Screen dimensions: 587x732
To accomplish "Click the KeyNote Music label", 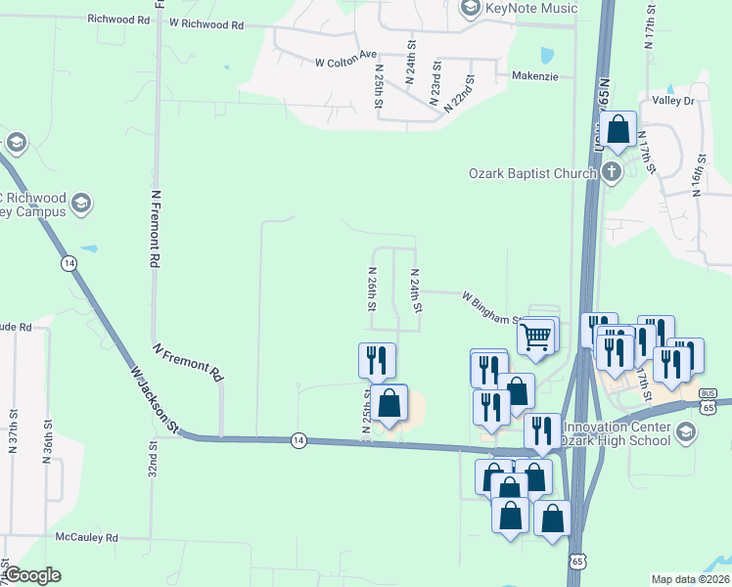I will point(529,8).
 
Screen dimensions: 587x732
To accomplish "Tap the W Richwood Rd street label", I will point(206,23).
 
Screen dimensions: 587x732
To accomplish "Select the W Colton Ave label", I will point(345,62).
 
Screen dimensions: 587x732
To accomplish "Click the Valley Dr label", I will point(673,101).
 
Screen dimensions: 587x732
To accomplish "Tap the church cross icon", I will point(612,173).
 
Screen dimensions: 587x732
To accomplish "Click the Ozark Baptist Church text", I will point(531,174).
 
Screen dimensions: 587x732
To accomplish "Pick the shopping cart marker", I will point(536,337).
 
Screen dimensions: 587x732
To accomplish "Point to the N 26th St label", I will point(372,290).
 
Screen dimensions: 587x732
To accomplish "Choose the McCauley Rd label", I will point(86,538).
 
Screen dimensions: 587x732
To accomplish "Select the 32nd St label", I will point(154,458).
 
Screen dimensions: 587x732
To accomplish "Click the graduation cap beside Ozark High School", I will point(687,431).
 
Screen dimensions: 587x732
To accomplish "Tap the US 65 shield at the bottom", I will point(577,562).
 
